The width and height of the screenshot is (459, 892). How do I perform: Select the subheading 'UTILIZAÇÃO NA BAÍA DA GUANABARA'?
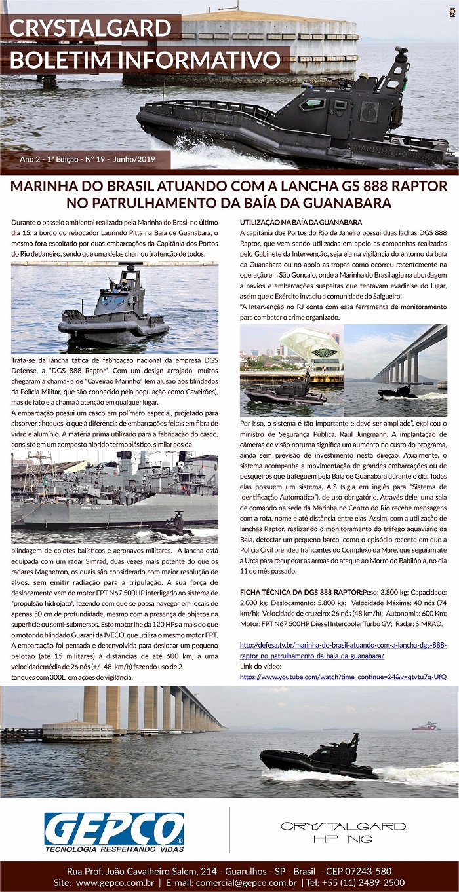(x=301, y=222)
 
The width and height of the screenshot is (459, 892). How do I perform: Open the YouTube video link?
(x=343, y=676)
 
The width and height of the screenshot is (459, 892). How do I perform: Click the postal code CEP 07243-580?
(x=359, y=871)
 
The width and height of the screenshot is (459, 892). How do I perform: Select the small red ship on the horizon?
(x=424, y=725)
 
